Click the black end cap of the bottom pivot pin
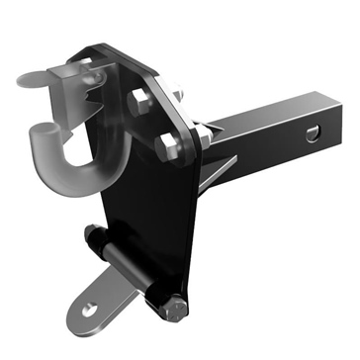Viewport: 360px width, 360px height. [94, 236]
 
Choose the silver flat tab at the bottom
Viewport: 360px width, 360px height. [99, 302]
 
